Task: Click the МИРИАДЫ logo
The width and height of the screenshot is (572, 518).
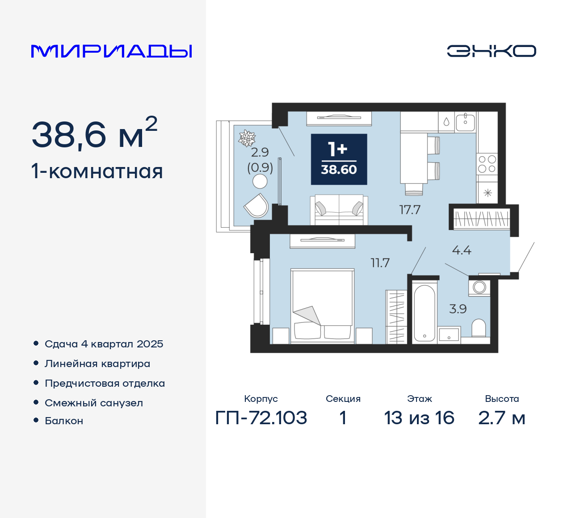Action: tap(111, 51)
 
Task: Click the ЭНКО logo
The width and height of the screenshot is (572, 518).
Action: tap(491, 51)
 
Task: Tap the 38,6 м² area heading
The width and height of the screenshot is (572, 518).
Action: tap(94, 134)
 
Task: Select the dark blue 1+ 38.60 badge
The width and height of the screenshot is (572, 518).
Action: tap(339, 159)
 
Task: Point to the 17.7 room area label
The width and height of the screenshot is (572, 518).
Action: tap(410, 209)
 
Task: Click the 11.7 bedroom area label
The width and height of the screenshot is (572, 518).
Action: tap(380, 263)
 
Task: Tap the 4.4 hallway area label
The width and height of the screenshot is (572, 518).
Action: tap(462, 250)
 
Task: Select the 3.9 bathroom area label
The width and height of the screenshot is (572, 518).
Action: tap(458, 309)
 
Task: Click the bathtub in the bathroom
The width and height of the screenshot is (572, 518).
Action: tap(424, 313)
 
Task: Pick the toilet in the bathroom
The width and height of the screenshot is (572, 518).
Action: tap(479, 328)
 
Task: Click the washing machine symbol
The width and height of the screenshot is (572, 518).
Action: tap(479, 287)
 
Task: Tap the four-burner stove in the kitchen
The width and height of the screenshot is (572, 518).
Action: tap(487, 163)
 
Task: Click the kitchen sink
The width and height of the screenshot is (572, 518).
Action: tap(465, 121)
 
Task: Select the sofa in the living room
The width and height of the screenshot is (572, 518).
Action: tap(339, 210)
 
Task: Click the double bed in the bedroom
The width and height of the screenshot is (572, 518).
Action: tap(322, 306)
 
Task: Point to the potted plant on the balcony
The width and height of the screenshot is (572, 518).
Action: tap(247, 138)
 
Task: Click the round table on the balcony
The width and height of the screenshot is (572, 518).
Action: tap(260, 181)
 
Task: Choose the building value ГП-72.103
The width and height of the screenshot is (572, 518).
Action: tap(261, 418)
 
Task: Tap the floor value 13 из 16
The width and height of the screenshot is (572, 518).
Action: tap(419, 418)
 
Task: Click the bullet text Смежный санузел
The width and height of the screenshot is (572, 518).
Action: tap(94, 403)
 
